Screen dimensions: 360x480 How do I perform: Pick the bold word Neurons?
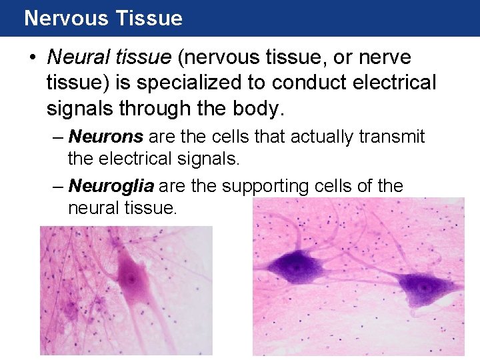(106, 137)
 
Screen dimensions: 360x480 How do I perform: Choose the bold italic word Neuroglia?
(111, 185)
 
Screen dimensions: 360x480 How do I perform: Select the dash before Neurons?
(59, 137)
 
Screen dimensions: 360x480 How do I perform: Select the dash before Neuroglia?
(59, 185)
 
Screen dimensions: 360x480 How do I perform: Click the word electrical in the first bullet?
(390, 83)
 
